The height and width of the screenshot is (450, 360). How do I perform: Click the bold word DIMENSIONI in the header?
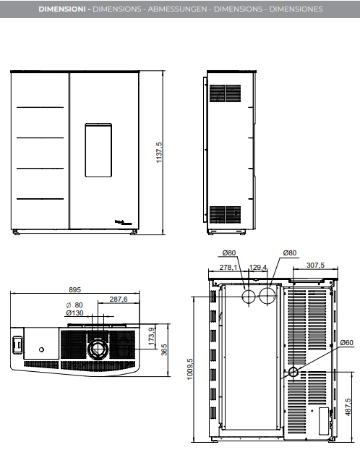coord(62,9)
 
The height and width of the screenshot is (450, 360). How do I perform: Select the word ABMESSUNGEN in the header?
coord(177,9)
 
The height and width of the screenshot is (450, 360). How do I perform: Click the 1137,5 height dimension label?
coord(159,153)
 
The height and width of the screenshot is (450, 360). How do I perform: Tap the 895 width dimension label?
coord(74,289)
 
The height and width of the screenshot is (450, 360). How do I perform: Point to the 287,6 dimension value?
coord(119,299)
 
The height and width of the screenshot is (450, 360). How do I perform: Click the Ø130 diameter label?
coord(74,313)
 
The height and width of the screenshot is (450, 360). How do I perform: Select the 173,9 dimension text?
coord(151,336)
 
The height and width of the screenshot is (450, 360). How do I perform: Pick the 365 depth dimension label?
coord(164,350)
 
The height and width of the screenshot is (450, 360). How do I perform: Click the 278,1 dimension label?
coord(228,267)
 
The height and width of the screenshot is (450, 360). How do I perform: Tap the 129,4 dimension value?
coord(258,267)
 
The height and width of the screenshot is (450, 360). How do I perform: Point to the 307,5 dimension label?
coord(315,265)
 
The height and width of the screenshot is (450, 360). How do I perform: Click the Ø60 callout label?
coord(346,342)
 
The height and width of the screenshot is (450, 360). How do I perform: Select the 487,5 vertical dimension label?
coord(348,407)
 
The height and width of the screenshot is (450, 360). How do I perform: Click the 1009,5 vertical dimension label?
coord(190,369)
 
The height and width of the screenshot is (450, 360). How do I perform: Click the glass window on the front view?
coord(98,150)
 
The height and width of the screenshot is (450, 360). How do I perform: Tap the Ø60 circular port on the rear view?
coord(293,372)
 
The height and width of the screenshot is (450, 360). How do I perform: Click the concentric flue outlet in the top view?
coord(98,348)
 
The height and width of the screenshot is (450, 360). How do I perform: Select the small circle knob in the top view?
coord(42,349)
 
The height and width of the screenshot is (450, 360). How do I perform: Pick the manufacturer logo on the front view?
coord(124,222)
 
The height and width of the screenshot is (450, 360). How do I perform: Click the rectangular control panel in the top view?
coord(17,344)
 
